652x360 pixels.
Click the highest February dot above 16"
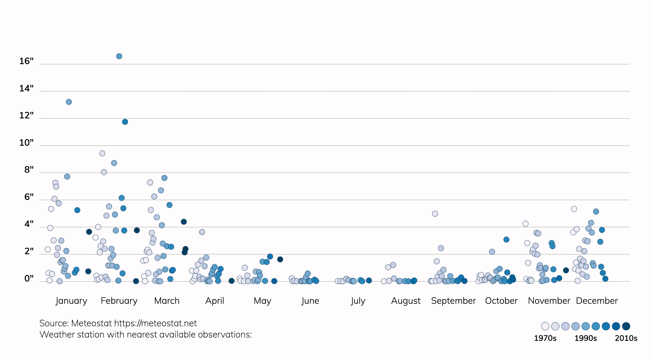point(119,56)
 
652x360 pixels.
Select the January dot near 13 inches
point(69,102)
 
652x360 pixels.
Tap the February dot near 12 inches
point(125,122)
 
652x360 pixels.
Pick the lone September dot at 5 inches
point(435,214)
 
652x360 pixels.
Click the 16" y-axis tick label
point(26,61)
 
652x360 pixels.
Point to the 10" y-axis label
point(26,143)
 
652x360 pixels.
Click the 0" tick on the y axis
point(29,278)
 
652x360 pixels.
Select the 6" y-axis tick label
point(29,197)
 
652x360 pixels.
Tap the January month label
point(71,301)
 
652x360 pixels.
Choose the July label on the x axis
point(358,301)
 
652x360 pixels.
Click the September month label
point(453,301)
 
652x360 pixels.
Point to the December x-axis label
point(597,301)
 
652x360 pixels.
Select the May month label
point(262,301)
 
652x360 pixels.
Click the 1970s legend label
point(545,338)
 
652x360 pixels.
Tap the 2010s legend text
point(626,338)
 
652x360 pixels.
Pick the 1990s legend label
point(585,338)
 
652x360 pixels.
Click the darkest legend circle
point(626,326)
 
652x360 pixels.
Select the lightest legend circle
point(545,326)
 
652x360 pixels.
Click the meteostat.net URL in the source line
point(155,323)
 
